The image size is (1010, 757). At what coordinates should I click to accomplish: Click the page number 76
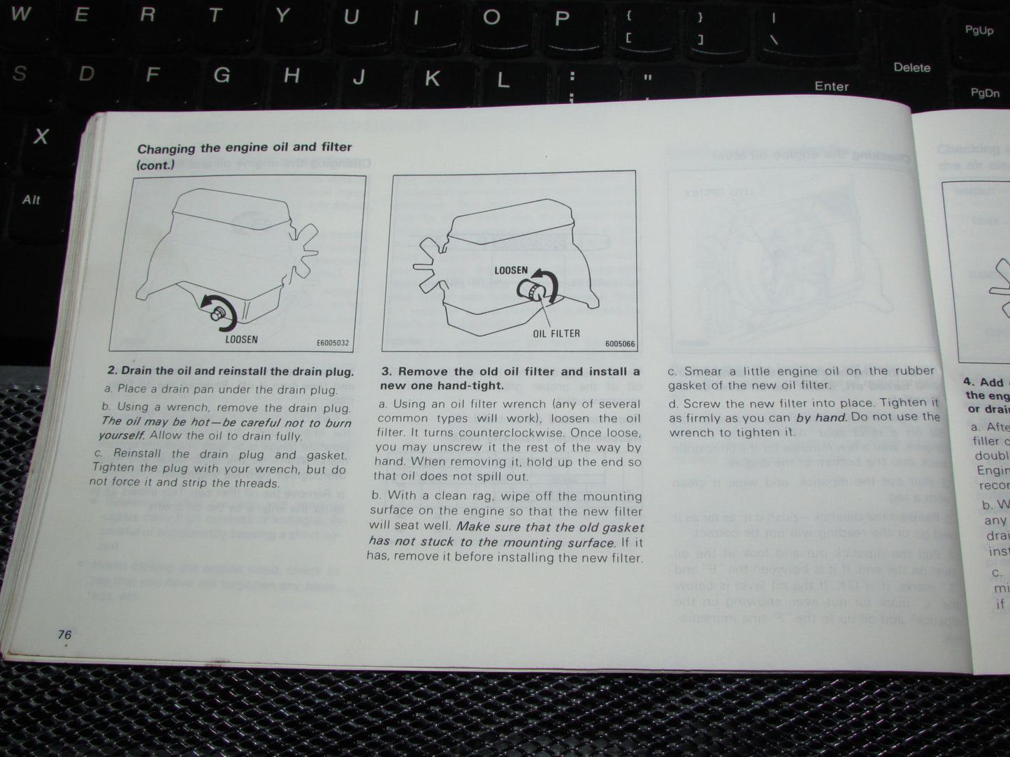coord(64,634)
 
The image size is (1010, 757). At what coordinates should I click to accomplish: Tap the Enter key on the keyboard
coord(831,86)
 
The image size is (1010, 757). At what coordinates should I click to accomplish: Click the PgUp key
coord(979,30)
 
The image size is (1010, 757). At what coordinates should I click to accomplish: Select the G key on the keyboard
coord(222,74)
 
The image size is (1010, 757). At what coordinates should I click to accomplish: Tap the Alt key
coord(31,200)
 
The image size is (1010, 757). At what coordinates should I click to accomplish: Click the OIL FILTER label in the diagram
coord(556,333)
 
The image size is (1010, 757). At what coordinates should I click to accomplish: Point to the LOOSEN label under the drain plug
coord(241,339)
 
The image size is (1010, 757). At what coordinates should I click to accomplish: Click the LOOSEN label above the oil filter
coord(511,270)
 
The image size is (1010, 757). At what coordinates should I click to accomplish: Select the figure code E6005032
coord(333,344)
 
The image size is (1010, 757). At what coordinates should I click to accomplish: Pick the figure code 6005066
coord(620,344)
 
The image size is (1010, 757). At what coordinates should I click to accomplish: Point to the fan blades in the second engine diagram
coord(431,266)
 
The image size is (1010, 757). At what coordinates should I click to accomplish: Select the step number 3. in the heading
coord(387,372)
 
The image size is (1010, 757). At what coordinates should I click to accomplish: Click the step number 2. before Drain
coord(113,371)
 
